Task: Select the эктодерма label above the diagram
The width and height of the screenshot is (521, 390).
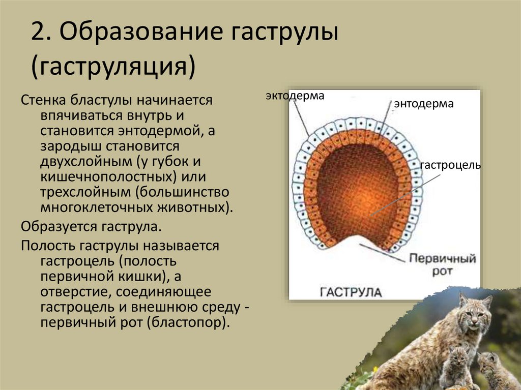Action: (x=294, y=96)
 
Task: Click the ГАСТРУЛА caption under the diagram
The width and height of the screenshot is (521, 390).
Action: (x=351, y=292)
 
